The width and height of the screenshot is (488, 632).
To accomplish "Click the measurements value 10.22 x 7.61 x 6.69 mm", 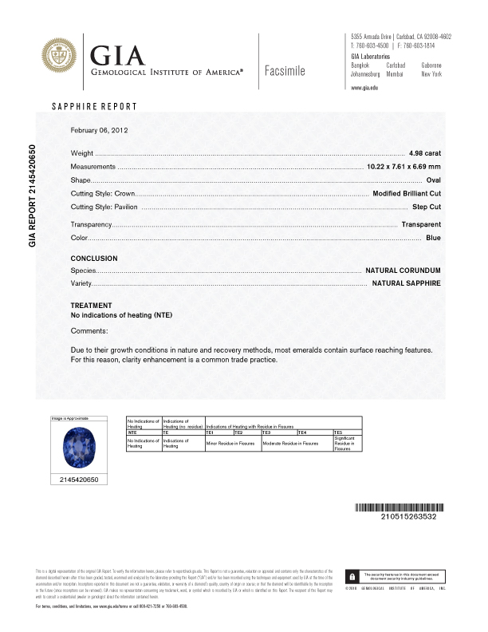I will (x=403, y=166).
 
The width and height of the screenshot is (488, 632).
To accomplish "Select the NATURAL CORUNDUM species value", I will (x=403, y=271).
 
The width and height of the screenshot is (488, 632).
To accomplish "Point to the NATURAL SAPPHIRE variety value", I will (x=406, y=283).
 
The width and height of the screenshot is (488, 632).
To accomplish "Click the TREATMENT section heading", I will (x=92, y=306).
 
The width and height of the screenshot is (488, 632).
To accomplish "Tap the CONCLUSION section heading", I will (x=94, y=259).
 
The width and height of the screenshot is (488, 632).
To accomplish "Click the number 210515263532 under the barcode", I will (x=396, y=517).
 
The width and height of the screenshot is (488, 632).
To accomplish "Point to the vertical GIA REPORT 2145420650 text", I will (x=33, y=195).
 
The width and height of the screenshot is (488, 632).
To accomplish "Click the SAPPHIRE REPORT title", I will (x=94, y=106).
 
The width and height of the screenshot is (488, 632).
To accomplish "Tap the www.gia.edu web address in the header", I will (x=364, y=87).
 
